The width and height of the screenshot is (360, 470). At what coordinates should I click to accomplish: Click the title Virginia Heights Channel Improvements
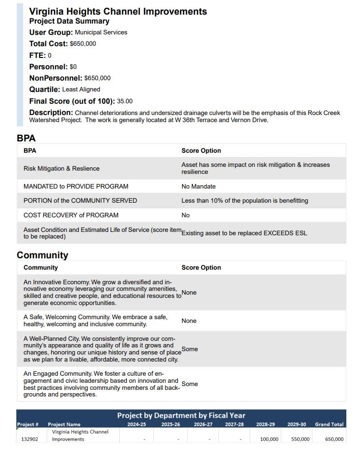[x=118, y=11]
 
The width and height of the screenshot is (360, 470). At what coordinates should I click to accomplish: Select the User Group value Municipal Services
[x=101, y=32]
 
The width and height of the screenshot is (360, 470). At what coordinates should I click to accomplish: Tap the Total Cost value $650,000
[x=83, y=44]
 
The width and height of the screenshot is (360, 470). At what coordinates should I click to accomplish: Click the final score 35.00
[x=125, y=101]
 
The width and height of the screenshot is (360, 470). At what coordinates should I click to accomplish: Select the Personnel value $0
[x=73, y=66]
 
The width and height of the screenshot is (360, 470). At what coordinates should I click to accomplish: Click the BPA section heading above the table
[x=26, y=138]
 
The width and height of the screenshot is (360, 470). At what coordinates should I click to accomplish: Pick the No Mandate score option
[x=198, y=186]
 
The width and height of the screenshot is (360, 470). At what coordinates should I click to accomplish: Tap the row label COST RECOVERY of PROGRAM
[x=71, y=215]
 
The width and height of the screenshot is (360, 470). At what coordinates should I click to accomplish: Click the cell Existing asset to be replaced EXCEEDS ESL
[x=244, y=233]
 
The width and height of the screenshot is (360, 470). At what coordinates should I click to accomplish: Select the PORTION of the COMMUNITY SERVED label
[x=80, y=200]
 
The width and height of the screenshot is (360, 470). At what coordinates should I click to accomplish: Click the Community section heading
[x=42, y=255]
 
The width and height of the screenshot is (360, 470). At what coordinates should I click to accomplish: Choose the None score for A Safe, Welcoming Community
[x=189, y=321]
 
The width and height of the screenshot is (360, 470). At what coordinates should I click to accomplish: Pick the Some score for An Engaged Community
[x=190, y=384]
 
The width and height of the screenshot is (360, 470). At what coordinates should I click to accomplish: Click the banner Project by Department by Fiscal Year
[x=181, y=415]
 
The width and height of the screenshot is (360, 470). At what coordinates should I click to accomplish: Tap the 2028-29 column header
[x=265, y=424]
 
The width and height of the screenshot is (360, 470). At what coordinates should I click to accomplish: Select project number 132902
[x=30, y=439]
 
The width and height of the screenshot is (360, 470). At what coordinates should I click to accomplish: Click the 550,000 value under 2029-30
[x=300, y=439]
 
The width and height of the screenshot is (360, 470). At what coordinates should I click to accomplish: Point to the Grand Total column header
[x=329, y=424]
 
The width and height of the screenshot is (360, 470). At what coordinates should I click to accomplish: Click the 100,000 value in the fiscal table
[x=269, y=439]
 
